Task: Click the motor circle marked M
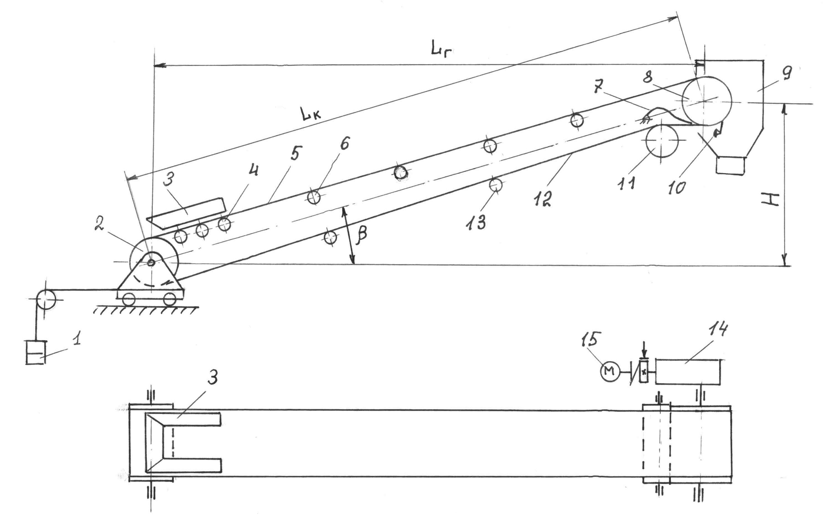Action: click(610, 372)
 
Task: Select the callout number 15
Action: click(591, 339)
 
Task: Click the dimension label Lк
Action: click(311, 114)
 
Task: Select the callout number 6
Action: click(345, 143)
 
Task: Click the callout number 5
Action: click(296, 153)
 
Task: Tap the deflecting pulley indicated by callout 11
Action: click(662, 141)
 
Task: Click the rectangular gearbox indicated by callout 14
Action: click(688, 371)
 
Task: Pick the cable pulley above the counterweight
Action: click(45, 300)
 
